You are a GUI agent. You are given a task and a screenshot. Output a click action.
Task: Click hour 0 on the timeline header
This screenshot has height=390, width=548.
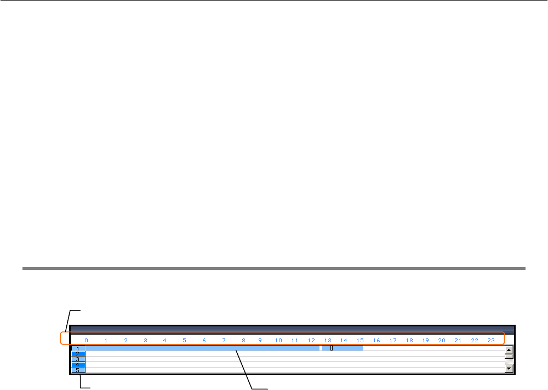click(86, 341)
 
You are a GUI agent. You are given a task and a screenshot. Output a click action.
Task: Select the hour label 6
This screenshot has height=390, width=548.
click(204, 341)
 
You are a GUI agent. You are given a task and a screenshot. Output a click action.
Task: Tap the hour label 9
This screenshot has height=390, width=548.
click(260, 341)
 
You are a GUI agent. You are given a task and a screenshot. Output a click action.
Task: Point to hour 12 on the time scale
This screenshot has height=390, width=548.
click(311, 341)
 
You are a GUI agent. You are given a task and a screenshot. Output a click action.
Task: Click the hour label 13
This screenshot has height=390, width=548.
click(328, 341)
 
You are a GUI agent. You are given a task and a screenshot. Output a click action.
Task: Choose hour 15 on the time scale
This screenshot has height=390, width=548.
click(360, 341)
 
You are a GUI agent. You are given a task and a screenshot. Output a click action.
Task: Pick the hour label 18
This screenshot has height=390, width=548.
click(409, 341)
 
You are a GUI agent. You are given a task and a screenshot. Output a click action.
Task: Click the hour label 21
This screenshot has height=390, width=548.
click(458, 341)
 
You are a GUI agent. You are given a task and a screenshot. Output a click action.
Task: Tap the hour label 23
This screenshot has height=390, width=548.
click(491, 341)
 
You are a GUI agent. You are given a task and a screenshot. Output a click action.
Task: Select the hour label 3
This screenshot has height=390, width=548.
click(145, 341)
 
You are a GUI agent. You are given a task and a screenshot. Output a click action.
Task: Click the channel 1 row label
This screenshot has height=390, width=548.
click(78, 348)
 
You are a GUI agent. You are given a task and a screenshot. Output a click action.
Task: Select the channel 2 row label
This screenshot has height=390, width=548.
click(78, 354)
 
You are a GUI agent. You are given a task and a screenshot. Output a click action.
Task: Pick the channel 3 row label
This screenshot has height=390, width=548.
click(78, 359)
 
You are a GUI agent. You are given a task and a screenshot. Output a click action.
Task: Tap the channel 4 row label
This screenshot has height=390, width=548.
click(78, 365)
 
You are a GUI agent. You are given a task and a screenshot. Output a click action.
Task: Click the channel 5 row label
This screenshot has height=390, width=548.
click(78, 370)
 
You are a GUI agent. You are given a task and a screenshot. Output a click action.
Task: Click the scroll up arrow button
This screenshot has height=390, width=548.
click(509, 349)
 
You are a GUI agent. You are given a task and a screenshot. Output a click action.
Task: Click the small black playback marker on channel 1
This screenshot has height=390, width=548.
click(332, 348)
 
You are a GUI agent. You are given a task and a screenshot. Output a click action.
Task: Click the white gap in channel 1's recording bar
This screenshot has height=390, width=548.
click(321, 348)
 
